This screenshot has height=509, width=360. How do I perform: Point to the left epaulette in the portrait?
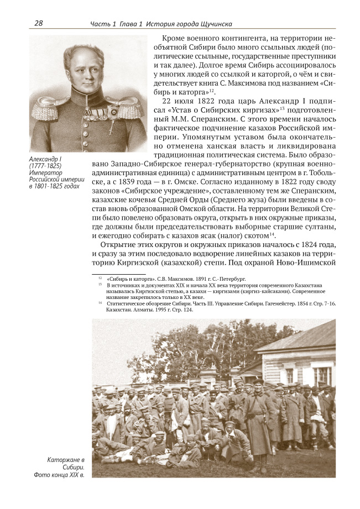tap(46, 108)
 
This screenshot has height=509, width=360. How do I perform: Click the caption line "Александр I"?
tap(47, 160)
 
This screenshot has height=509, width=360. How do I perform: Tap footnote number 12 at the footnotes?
tap(100, 280)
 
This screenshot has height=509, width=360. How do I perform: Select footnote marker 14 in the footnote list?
tap(100, 303)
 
